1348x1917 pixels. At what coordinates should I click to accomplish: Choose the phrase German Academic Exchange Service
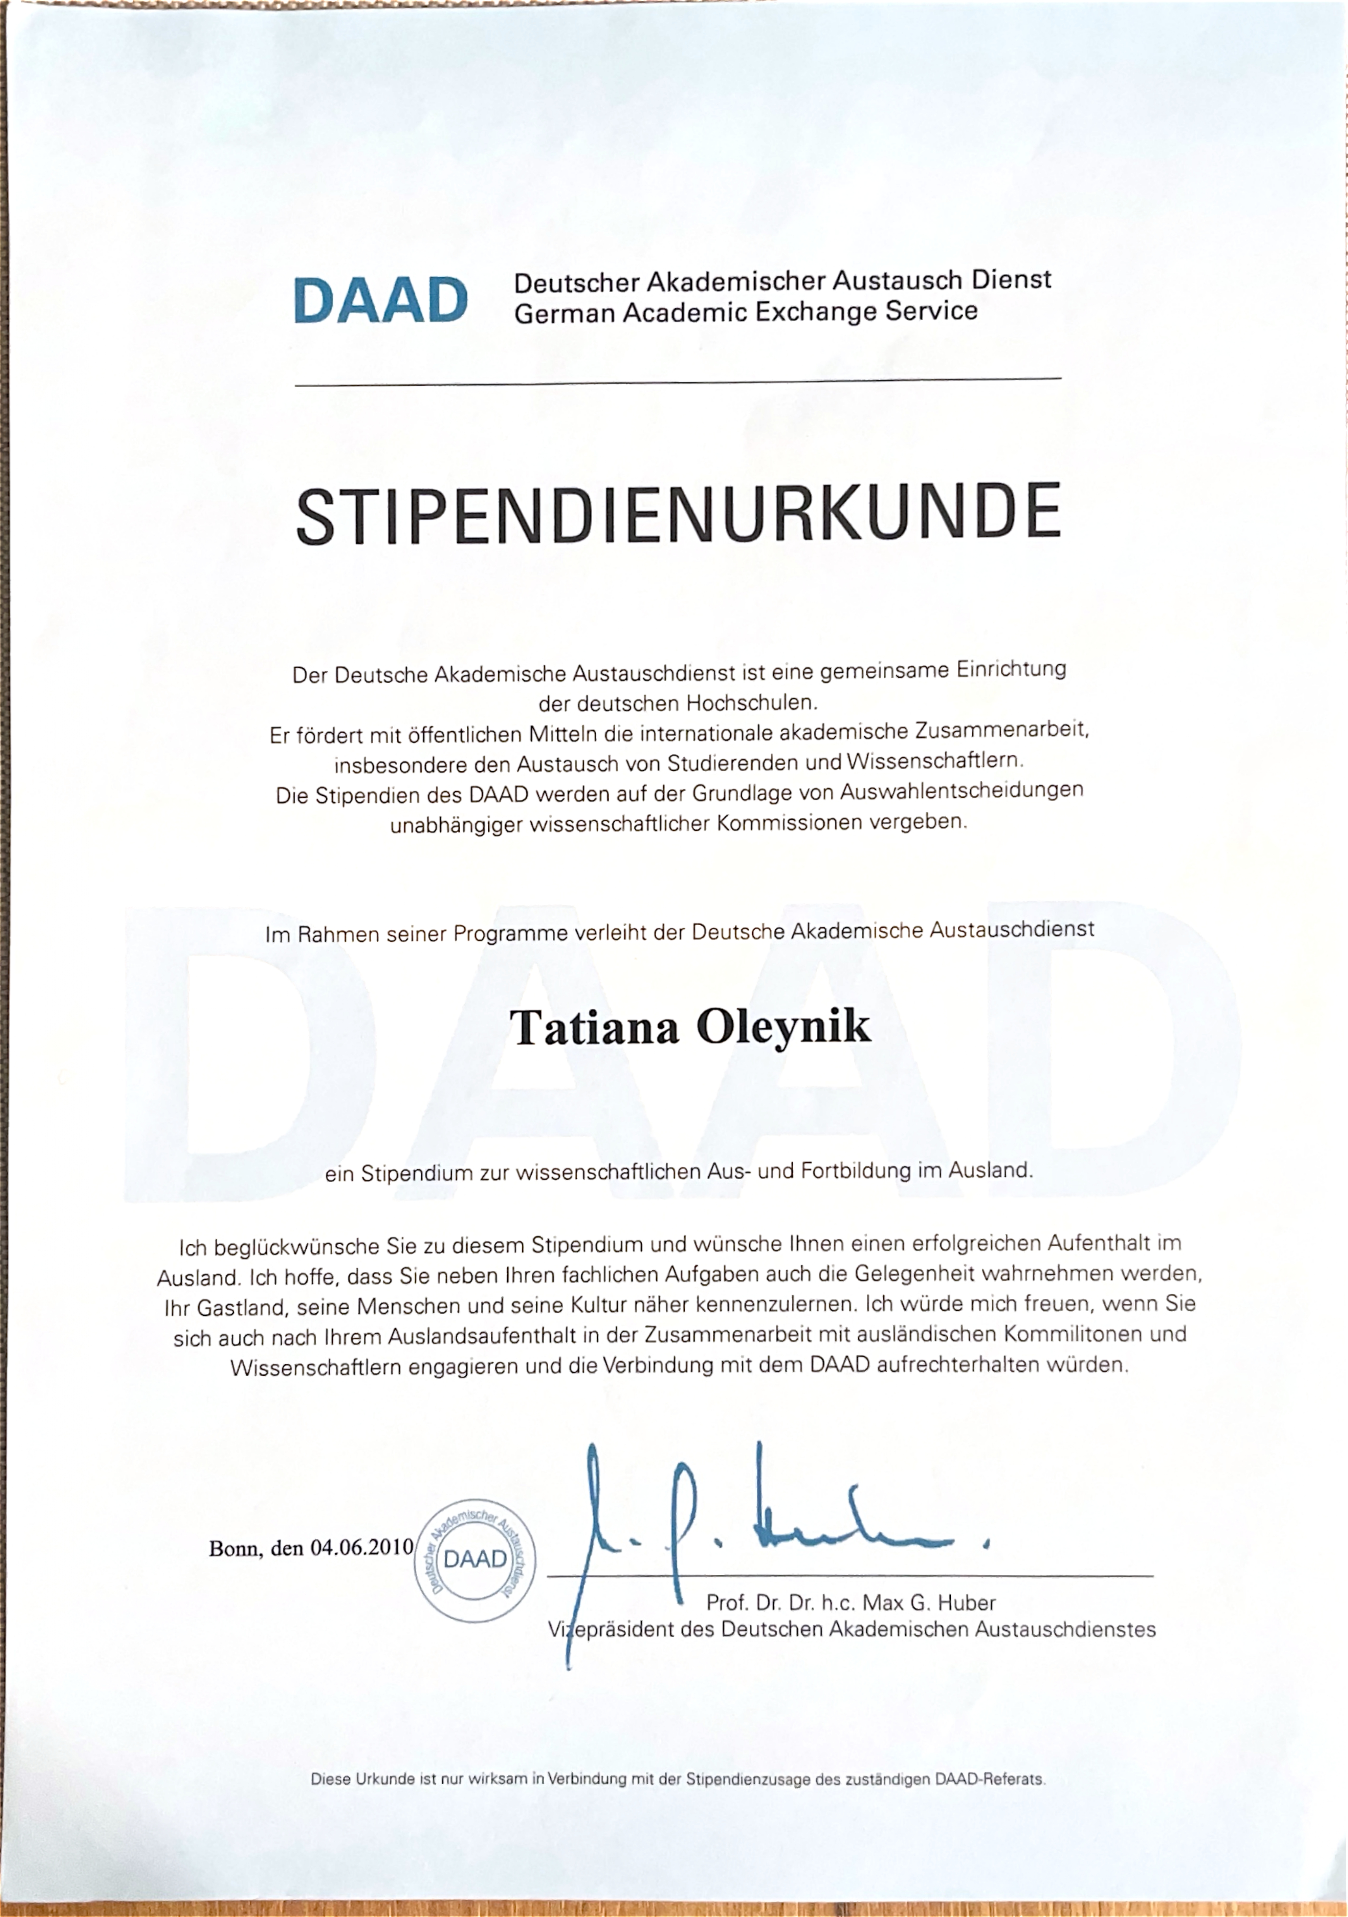(745, 313)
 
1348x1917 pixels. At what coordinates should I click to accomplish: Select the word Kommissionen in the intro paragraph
(789, 823)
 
